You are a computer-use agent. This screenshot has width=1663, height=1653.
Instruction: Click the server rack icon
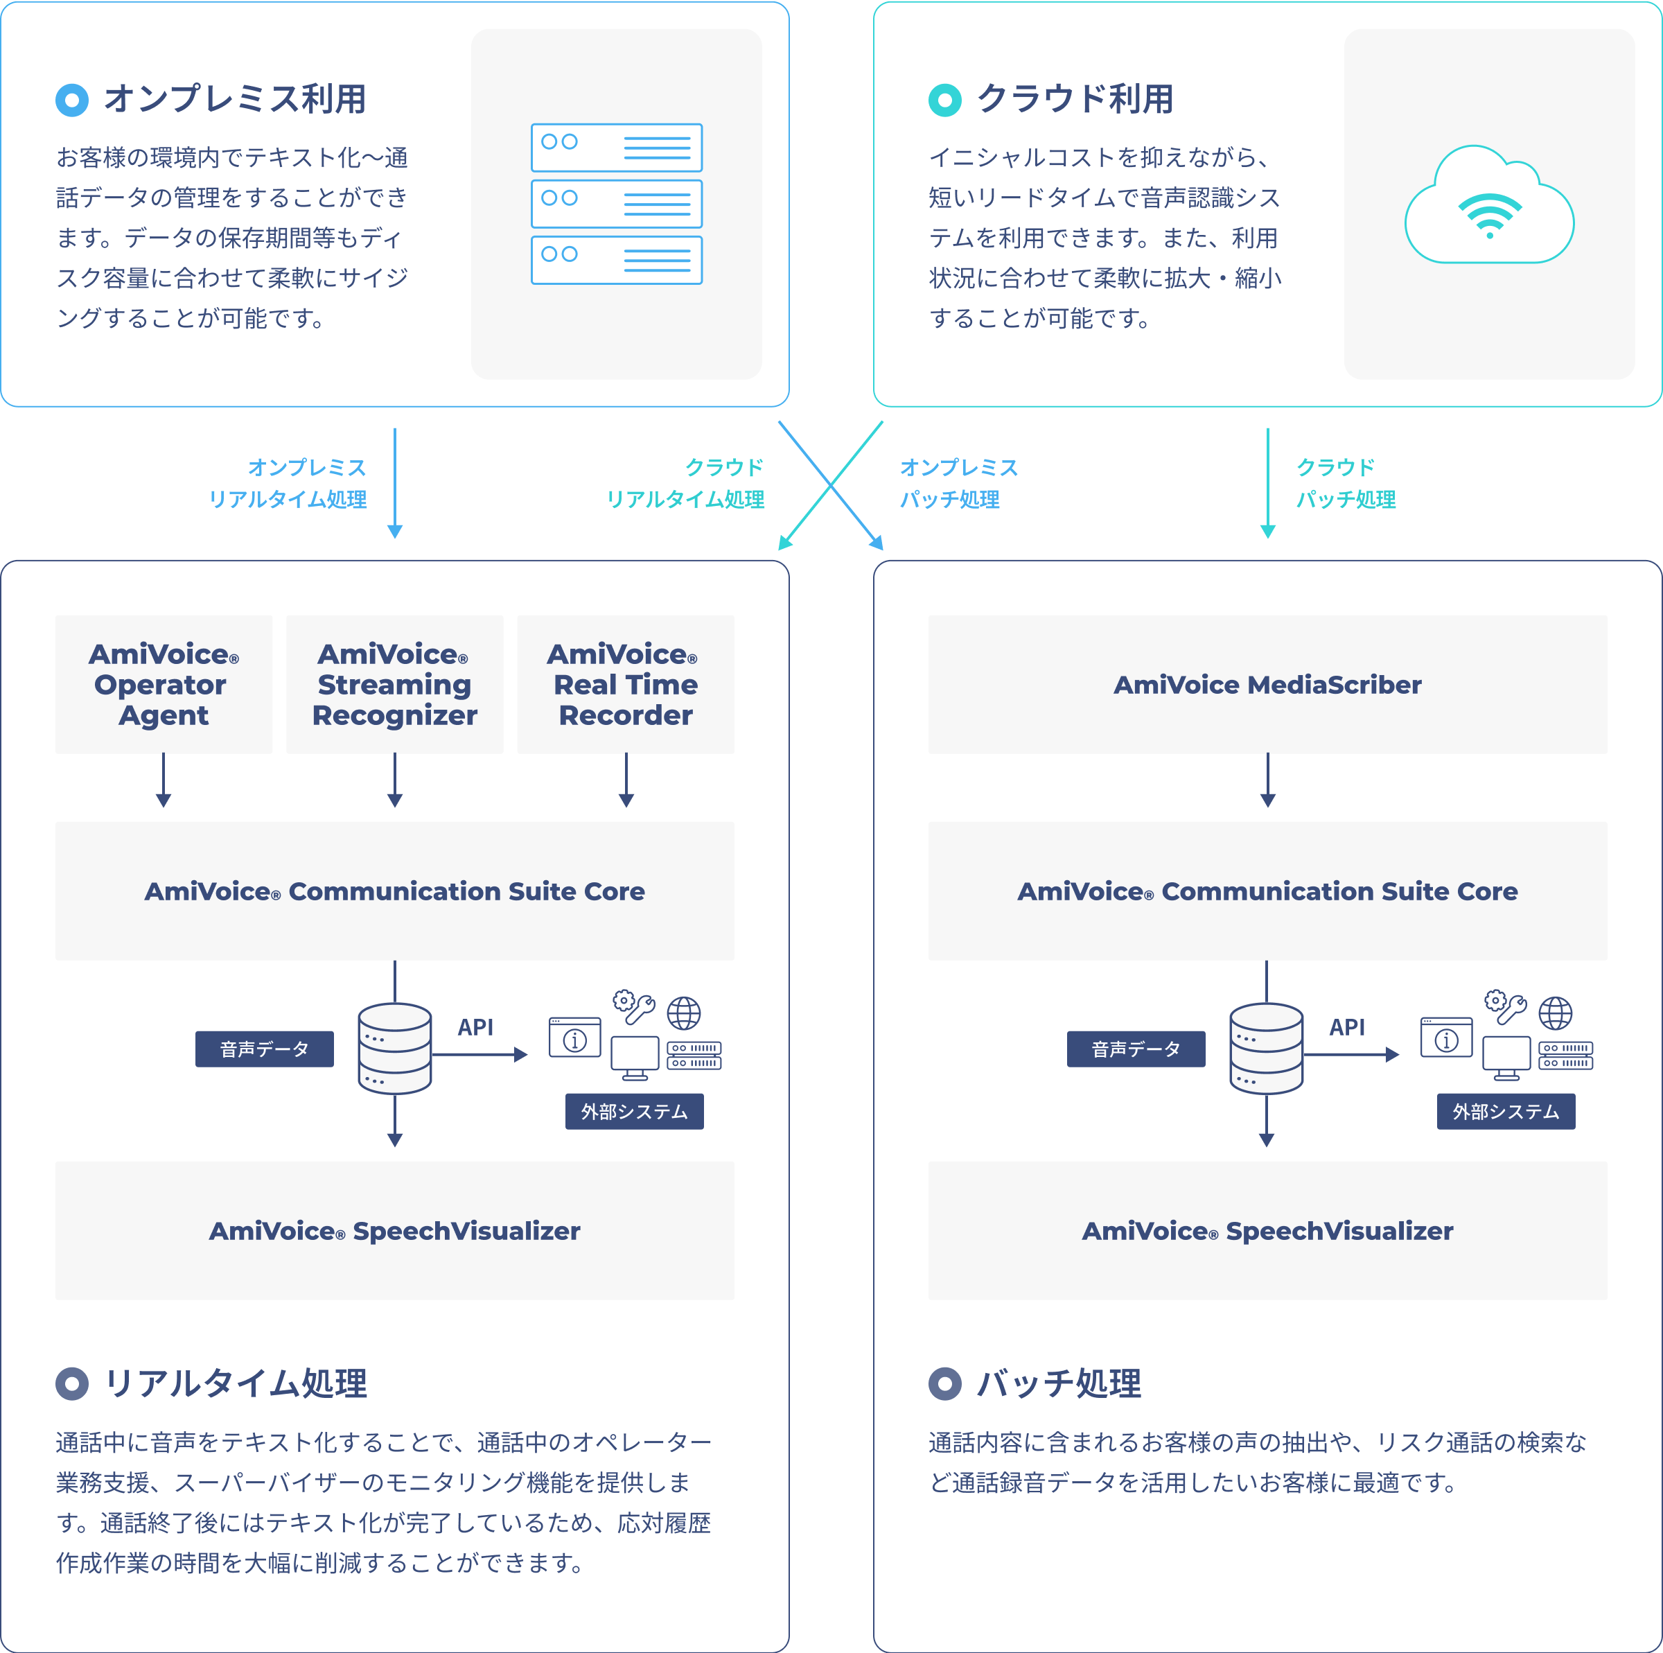click(x=616, y=204)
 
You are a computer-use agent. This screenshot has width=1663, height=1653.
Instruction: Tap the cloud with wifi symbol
click(x=1489, y=207)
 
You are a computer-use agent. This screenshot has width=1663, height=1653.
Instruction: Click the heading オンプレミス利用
click(x=235, y=99)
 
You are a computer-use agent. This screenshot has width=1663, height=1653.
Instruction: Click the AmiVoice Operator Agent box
click(x=164, y=685)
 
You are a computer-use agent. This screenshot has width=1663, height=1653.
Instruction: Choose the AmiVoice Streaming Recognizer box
click(x=394, y=685)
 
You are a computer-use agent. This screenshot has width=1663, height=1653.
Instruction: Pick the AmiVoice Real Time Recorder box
click(x=626, y=685)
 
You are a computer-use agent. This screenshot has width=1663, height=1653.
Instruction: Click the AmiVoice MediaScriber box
click(x=1267, y=685)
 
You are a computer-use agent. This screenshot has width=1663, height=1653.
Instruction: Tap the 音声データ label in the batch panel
click(x=1136, y=1049)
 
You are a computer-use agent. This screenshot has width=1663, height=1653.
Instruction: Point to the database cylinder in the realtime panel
click(x=395, y=1048)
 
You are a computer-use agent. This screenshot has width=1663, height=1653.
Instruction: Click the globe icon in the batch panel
click(x=1556, y=1013)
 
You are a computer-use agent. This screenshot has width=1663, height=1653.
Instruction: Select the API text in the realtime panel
click(x=475, y=1027)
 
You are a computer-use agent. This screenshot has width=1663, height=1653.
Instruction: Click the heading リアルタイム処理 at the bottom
click(x=236, y=1383)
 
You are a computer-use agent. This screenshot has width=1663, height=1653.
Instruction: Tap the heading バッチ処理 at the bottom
click(x=1059, y=1383)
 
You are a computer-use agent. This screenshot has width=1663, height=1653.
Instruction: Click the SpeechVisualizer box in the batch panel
click(x=1267, y=1230)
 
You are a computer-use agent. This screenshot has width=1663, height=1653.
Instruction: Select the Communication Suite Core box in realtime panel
click(x=394, y=891)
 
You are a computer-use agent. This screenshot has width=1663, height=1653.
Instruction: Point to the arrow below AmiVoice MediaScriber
click(x=1268, y=780)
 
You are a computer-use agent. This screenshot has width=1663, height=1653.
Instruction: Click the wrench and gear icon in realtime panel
click(x=635, y=1006)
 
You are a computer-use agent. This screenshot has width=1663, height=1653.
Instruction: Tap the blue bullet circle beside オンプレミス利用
click(x=72, y=100)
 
